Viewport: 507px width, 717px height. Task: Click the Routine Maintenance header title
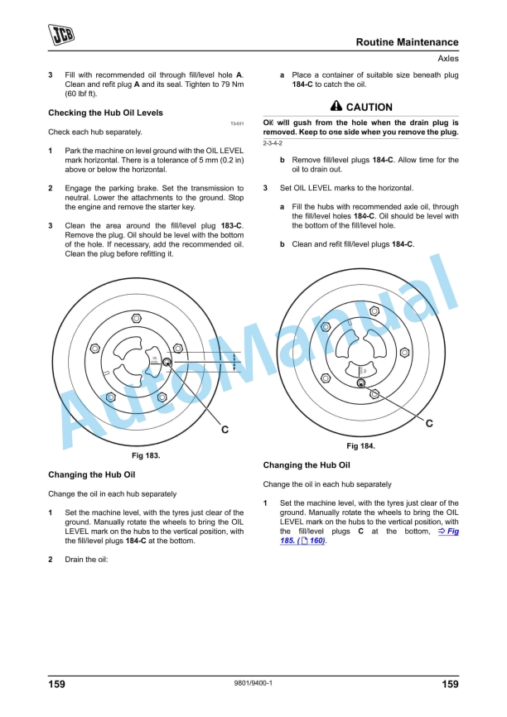(407, 42)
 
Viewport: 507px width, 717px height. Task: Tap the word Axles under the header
(447, 59)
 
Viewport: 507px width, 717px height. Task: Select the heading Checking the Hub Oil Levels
(105, 113)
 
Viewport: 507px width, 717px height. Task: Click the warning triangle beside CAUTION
(336, 107)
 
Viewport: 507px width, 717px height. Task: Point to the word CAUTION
(369, 108)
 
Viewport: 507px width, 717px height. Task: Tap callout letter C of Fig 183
(225, 431)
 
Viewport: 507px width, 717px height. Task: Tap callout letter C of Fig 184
(429, 423)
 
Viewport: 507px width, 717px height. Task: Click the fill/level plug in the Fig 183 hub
(167, 362)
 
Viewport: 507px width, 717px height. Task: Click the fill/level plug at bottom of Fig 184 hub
(361, 383)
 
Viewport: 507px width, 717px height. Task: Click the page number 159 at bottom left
(56, 684)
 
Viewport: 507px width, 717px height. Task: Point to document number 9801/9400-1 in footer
(254, 684)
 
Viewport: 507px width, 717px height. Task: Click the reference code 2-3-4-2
(273, 144)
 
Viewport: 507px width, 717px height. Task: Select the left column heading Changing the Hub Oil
(91, 475)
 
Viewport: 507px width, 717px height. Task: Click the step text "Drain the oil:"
(86, 559)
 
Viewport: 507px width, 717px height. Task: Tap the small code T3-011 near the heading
(236, 123)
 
